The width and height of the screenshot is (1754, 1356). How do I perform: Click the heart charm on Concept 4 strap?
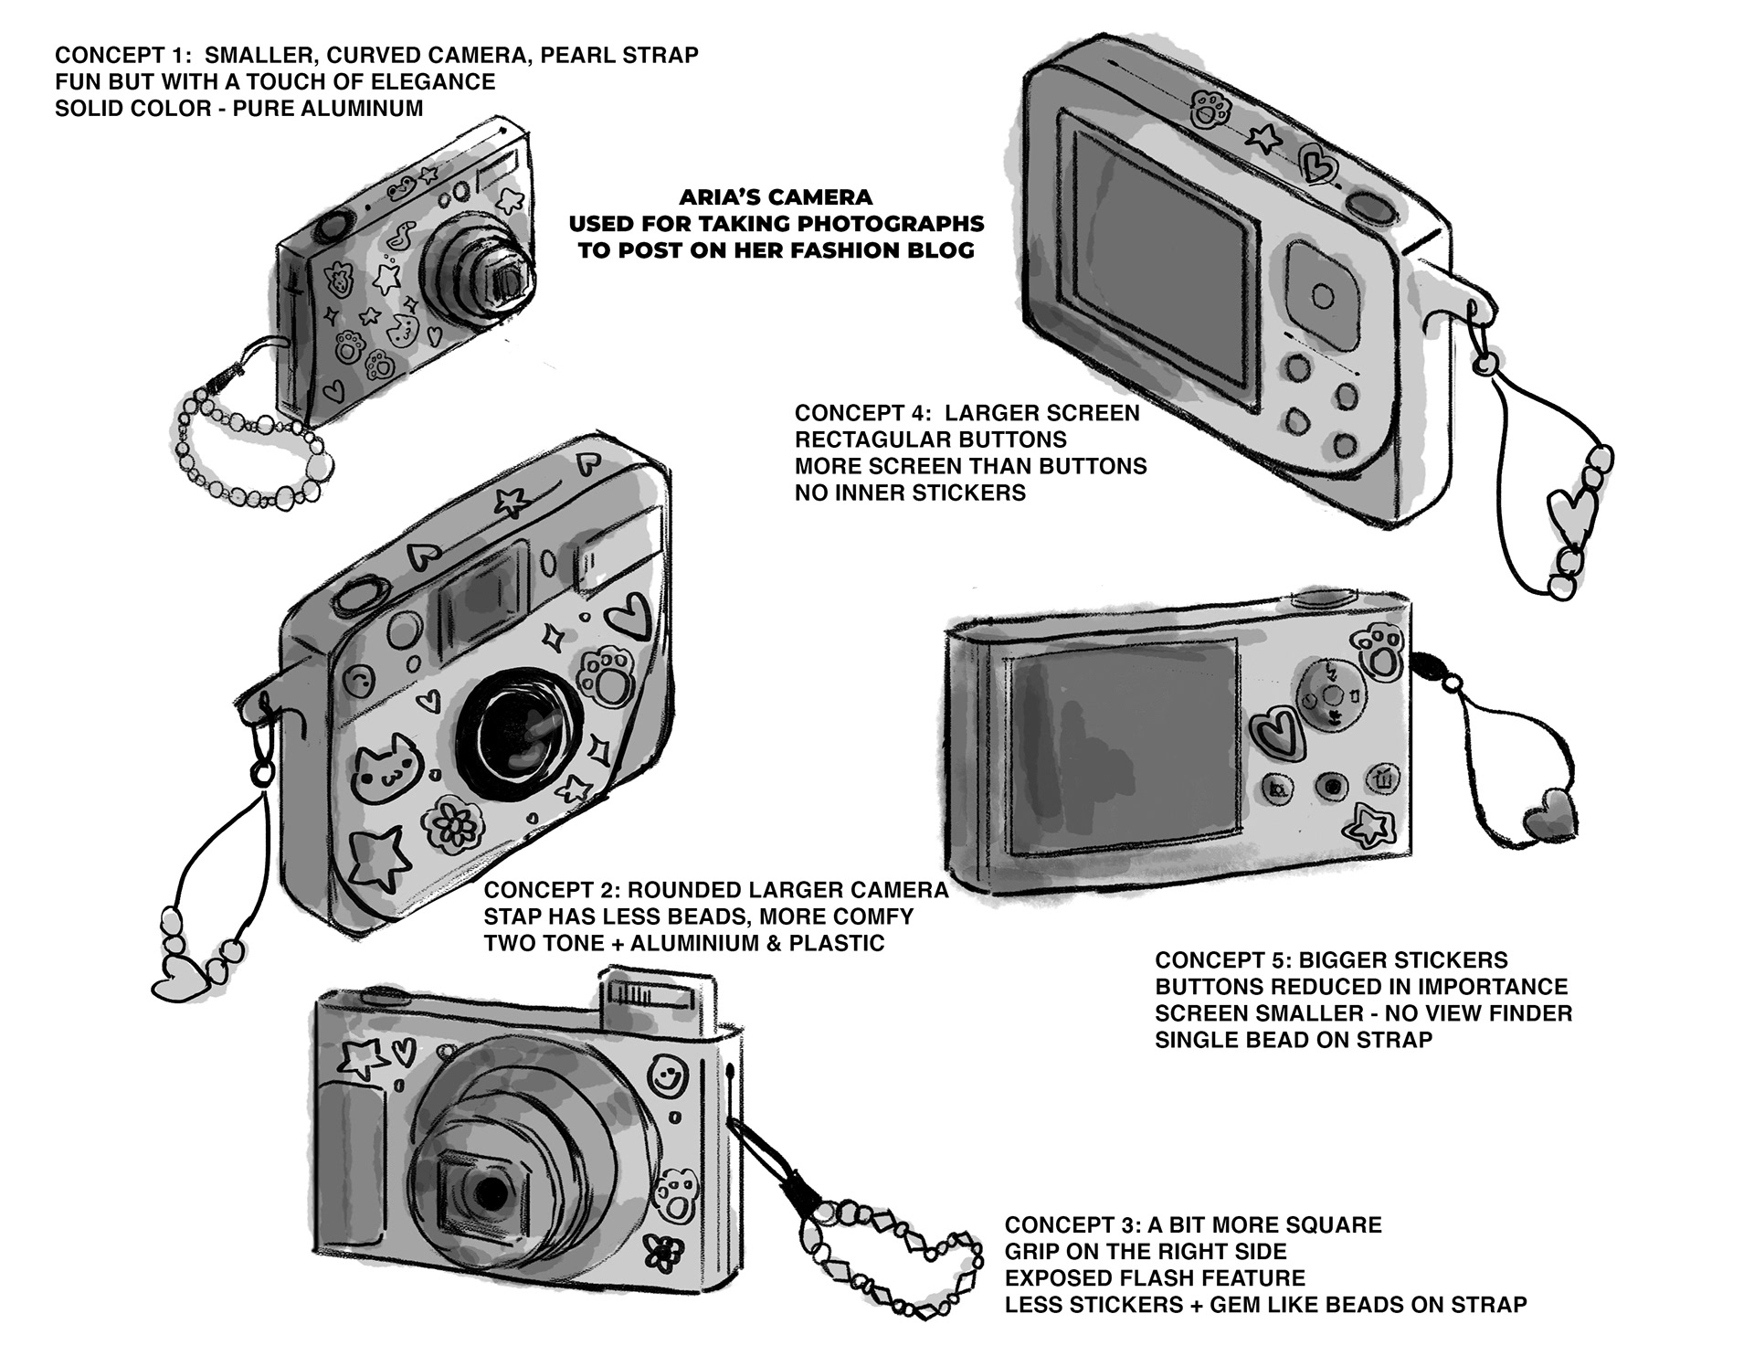pos(1573,522)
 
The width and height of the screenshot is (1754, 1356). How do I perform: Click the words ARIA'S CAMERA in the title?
pos(776,196)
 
